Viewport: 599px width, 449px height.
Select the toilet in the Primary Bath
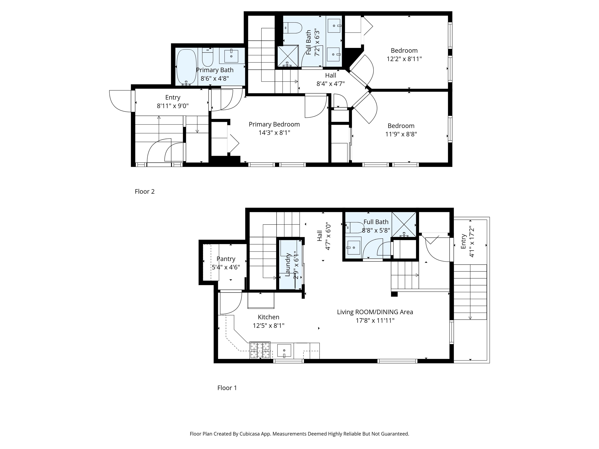tap(208, 57)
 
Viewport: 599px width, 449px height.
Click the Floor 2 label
tap(145, 192)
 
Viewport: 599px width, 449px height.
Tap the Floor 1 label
tap(227, 388)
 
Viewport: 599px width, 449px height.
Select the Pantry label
tap(226, 259)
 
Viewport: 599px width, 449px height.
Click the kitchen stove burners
tap(260, 350)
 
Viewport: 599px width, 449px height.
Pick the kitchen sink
tap(284, 351)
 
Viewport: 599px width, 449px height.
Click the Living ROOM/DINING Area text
tap(375, 312)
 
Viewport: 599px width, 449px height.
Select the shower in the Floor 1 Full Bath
tap(404, 224)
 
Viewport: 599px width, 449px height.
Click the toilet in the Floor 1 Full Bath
tap(354, 228)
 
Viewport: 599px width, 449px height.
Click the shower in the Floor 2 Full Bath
tap(288, 56)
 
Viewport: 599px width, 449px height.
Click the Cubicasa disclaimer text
tap(299, 434)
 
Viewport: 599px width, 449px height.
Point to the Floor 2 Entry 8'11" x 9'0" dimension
tap(173, 106)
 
